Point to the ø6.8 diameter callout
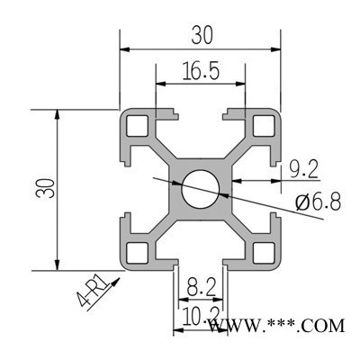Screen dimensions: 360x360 (x=319, y=202)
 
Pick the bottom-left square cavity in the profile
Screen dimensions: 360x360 (x=138, y=251)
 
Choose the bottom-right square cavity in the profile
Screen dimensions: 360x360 (x=264, y=251)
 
